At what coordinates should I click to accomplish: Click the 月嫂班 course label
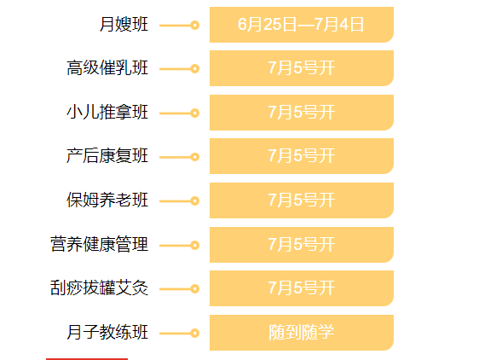(124, 25)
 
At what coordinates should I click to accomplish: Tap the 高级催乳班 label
(107, 68)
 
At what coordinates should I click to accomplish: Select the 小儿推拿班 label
(107, 112)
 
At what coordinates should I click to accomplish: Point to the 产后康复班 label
(107, 156)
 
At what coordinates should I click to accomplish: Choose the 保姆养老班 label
(107, 200)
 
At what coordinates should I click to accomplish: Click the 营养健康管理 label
(99, 244)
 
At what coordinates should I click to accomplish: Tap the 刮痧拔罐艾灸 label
(99, 287)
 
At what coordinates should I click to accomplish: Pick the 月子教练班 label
(107, 332)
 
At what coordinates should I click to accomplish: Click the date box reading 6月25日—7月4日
(302, 25)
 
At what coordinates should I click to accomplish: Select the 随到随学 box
(302, 333)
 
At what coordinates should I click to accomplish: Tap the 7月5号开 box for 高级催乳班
(302, 68)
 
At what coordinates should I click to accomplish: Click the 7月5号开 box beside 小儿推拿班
(302, 113)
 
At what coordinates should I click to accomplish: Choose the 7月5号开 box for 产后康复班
(302, 156)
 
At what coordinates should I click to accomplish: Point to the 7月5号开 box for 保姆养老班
(302, 200)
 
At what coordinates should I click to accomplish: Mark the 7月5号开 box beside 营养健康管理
(302, 245)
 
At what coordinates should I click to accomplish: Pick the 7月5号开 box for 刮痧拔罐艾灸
(302, 288)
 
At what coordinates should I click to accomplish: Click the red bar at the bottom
(87, 359)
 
